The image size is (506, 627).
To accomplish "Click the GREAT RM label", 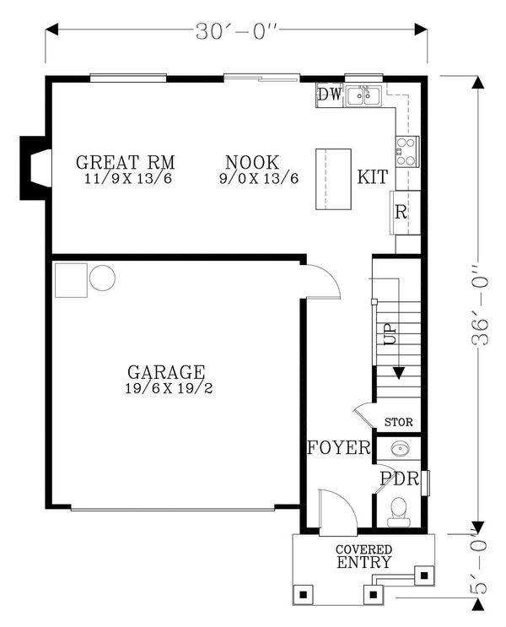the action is click(x=126, y=162).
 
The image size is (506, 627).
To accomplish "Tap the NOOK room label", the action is click(x=252, y=162).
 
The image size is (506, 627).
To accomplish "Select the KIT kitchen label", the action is click(x=373, y=176).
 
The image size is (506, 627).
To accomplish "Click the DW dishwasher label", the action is click(x=330, y=95).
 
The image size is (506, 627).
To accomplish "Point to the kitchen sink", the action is click(x=363, y=96).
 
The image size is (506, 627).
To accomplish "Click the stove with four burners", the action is click(x=406, y=151).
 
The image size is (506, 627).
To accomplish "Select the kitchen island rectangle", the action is click(x=333, y=179).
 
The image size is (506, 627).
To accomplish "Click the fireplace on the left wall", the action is click(x=35, y=168).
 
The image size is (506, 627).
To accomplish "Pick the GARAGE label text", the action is click(x=166, y=372).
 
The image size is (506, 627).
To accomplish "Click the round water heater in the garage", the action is click(x=102, y=278).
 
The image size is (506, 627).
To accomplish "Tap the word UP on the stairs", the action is click(x=390, y=334).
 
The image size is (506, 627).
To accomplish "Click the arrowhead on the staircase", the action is click(x=399, y=373).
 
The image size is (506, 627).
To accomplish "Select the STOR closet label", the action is click(x=399, y=422).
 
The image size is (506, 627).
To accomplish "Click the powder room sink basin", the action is click(x=399, y=448).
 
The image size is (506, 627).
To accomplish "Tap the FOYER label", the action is click(x=339, y=447).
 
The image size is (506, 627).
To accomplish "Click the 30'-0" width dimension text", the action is click(x=237, y=31).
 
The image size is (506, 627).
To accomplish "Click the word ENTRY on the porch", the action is click(x=363, y=562).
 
